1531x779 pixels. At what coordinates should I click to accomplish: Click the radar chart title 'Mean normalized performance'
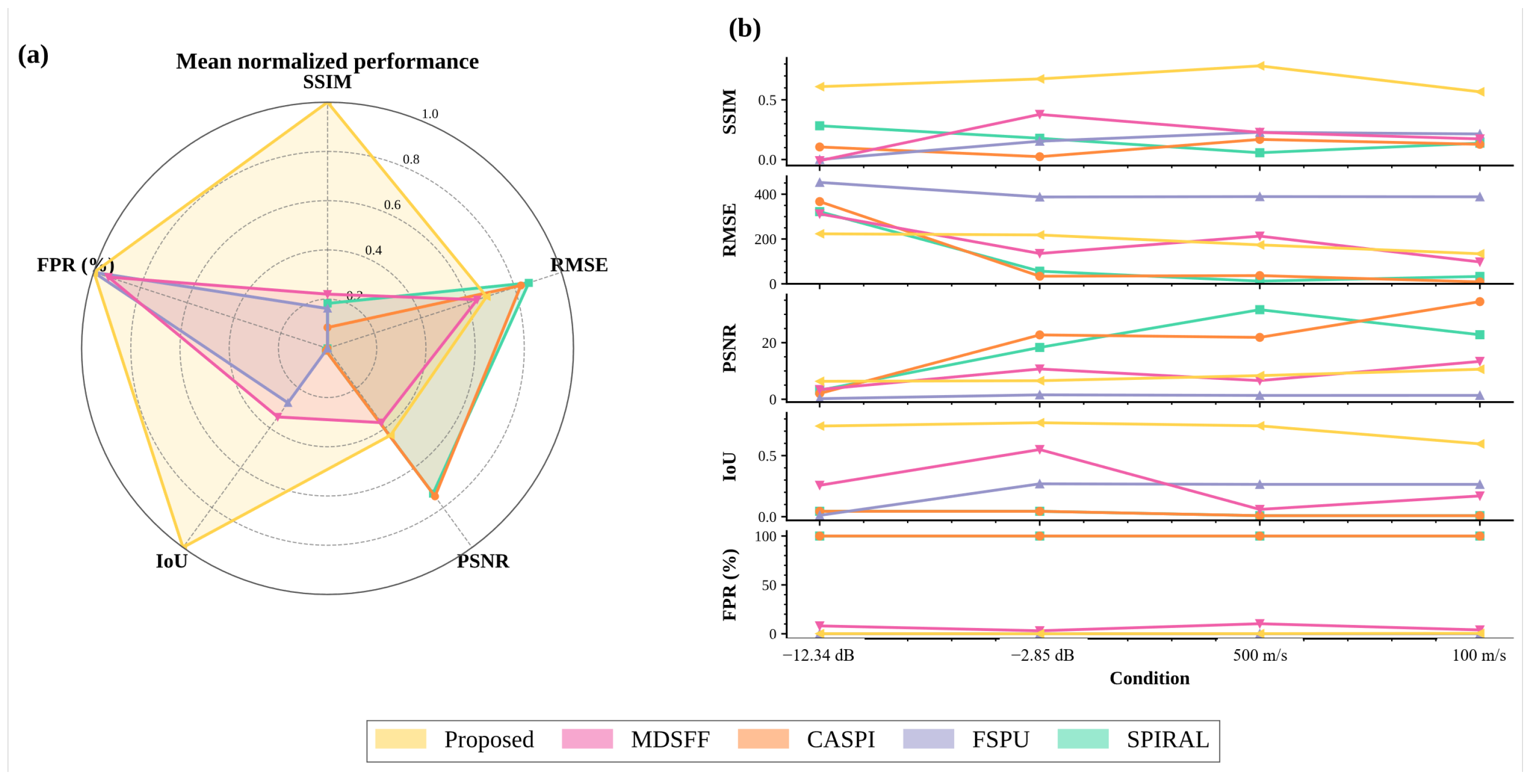coord(327,61)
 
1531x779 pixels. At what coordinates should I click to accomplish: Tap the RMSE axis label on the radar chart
coord(579,265)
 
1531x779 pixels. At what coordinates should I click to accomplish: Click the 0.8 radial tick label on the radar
coord(411,160)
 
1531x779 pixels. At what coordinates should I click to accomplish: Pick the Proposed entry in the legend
coord(455,739)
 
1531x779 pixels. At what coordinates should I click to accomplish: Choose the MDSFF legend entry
coord(636,739)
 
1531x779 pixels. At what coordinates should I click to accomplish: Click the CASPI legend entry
coord(806,739)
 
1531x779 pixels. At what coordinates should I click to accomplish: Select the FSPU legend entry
coord(966,739)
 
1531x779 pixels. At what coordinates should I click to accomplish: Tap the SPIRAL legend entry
coord(1134,739)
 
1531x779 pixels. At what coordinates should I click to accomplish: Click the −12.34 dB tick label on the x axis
coord(819,655)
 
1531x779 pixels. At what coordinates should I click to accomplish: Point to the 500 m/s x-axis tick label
coord(1260,655)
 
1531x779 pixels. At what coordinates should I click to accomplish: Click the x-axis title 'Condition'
coord(1149,678)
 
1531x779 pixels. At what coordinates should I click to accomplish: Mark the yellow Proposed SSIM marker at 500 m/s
coord(1259,66)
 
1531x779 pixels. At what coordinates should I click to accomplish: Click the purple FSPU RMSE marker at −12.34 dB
coord(820,183)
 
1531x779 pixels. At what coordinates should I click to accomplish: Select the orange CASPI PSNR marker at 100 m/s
coord(1479,301)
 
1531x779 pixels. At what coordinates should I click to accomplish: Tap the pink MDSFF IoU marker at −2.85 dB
coord(1039,449)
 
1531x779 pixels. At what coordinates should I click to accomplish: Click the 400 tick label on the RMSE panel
coord(765,194)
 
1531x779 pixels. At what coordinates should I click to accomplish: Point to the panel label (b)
coord(745,29)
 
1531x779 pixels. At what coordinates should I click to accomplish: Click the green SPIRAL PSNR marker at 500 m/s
coord(1259,310)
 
